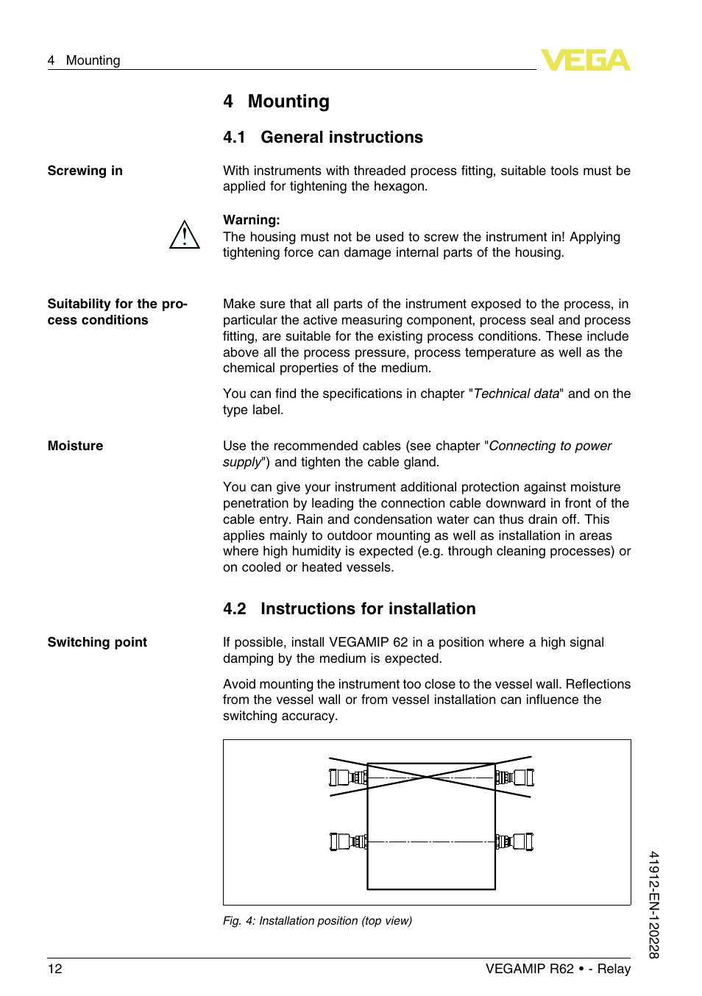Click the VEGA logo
click(x=585, y=60)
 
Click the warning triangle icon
click(x=184, y=235)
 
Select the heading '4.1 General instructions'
click(x=322, y=138)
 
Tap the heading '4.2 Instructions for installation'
click(x=349, y=609)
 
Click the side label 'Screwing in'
click(x=85, y=171)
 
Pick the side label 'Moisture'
click(x=75, y=446)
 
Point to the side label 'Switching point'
click(x=97, y=642)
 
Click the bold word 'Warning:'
click(x=251, y=220)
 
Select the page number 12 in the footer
click(x=55, y=969)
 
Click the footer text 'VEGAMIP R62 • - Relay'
click(x=558, y=969)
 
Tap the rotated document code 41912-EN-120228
click(x=653, y=905)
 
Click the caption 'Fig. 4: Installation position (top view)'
click(x=317, y=921)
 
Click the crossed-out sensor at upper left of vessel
click(x=348, y=778)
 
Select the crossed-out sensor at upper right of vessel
click(x=514, y=778)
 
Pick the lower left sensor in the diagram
click(x=348, y=842)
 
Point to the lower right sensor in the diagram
click(x=514, y=842)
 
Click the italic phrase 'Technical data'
click(x=516, y=394)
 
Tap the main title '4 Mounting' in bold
click(x=276, y=102)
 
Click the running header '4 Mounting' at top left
click(x=84, y=60)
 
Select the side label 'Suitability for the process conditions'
click(x=117, y=312)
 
